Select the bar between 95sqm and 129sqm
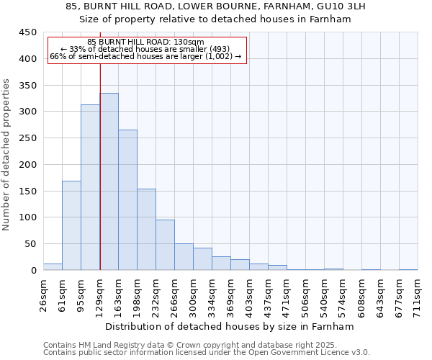[x=90, y=187]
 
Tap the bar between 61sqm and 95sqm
[x=71, y=225]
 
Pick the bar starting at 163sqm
[x=127, y=200]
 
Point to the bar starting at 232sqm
[x=165, y=245]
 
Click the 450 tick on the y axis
[x=27, y=32]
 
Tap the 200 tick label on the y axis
[x=27, y=165]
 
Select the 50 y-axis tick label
[x=30, y=244]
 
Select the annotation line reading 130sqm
[x=146, y=42]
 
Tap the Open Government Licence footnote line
[x=207, y=353]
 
